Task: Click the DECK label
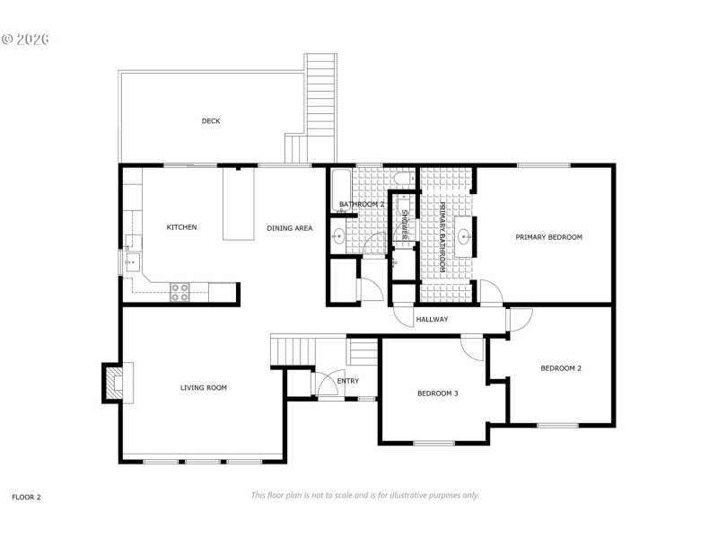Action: (210, 121)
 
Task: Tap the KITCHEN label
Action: (181, 227)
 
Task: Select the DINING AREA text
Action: (289, 228)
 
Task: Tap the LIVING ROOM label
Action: (203, 388)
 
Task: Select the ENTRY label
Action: (347, 381)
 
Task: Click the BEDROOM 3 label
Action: (438, 393)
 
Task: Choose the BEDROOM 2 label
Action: (560, 368)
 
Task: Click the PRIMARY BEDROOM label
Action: (548, 237)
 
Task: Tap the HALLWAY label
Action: (432, 320)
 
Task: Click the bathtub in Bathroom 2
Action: (337, 190)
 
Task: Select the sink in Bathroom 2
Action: (338, 237)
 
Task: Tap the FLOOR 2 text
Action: (26, 496)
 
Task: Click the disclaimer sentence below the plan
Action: (364, 495)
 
